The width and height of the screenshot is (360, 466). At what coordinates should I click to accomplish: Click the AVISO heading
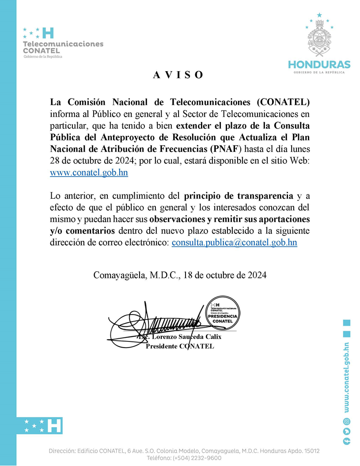pyautogui.click(x=178, y=75)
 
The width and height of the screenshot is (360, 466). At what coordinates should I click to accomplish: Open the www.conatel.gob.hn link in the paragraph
pyautogui.click(x=89, y=173)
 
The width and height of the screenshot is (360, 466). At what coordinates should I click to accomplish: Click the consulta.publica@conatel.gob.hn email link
pyautogui.click(x=234, y=242)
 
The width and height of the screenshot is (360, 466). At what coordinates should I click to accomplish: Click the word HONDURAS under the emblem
pyautogui.click(x=319, y=64)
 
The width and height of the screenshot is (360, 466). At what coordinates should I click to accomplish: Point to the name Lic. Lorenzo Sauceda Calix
pyautogui.click(x=180, y=337)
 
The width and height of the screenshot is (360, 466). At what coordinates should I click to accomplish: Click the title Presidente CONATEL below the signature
pyautogui.click(x=180, y=346)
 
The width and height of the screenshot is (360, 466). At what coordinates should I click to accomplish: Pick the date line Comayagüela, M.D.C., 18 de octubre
pyautogui.click(x=180, y=275)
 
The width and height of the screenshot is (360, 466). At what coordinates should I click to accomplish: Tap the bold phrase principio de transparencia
pyautogui.click(x=239, y=195)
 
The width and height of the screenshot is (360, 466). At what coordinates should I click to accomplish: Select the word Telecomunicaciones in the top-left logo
pyautogui.click(x=63, y=44)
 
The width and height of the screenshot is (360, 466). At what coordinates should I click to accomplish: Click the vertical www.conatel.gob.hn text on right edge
pyautogui.click(x=347, y=378)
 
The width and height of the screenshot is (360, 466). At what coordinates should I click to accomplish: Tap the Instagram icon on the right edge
pyautogui.click(x=347, y=421)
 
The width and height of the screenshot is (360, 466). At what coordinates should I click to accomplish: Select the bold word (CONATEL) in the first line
pyautogui.click(x=283, y=102)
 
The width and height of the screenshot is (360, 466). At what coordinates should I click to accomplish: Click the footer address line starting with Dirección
pyautogui.click(x=184, y=451)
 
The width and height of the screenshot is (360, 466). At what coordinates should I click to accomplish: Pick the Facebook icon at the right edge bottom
pyautogui.click(x=347, y=441)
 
